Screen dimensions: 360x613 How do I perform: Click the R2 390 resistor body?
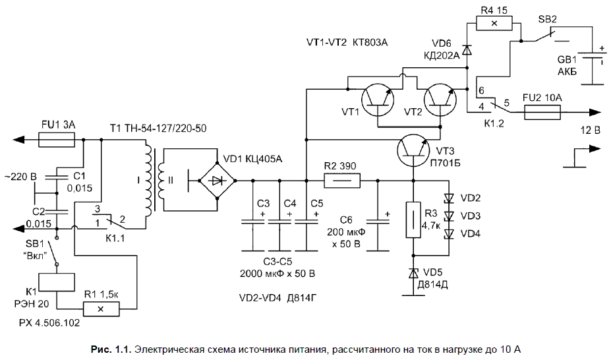click(341, 180)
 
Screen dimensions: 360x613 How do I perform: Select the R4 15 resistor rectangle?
click(498, 23)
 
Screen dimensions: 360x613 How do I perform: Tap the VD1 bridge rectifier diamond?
click(219, 179)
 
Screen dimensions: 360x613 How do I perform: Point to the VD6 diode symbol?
click(467, 49)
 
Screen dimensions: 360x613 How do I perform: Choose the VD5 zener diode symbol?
click(413, 272)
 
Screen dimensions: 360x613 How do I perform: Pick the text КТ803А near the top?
click(370, 42)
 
